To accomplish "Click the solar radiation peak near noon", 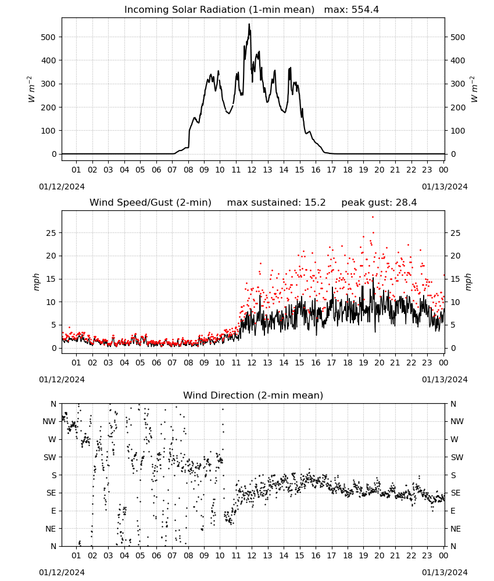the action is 249,24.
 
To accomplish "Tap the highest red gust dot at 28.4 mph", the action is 373,217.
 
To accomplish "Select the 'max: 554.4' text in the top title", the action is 352,10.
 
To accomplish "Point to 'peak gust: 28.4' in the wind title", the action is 379,203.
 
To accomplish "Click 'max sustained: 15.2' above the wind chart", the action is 276,203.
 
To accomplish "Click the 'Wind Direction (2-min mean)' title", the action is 253,395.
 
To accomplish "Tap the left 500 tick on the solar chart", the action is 49,37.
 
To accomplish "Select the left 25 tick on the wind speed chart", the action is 52,233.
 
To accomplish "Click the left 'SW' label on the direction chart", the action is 49,457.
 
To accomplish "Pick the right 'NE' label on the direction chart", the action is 456,529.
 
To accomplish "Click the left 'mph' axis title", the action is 36,282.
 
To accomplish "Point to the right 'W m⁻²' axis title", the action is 474,89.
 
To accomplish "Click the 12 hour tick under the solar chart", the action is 252,170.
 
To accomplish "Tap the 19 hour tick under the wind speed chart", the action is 363,363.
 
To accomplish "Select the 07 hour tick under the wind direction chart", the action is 172,555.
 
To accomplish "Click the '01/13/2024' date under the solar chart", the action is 445,187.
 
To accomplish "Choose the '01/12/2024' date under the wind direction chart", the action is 62,572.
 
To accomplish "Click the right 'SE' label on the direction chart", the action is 456,493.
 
